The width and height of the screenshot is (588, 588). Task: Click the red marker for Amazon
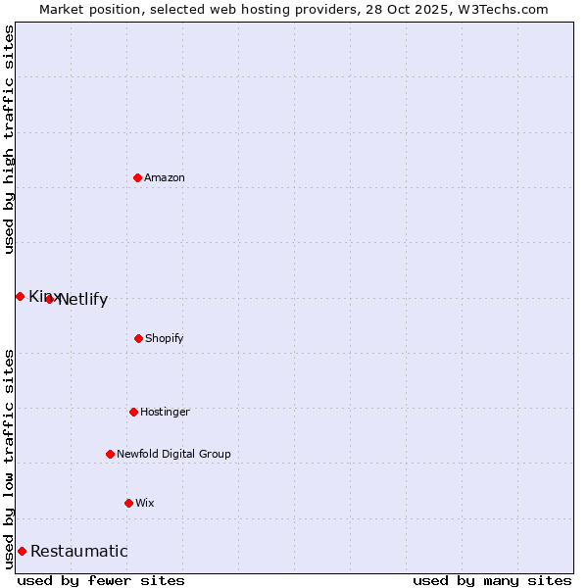tap(138, 177)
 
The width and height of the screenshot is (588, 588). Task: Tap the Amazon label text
tap(165, 177)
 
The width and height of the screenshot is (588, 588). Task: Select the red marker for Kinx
tap(20, 296)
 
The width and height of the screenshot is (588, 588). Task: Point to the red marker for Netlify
tap(49, 299)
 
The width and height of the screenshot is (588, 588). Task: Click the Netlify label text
tap(83, 300)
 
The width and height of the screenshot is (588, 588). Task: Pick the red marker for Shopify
tap(138, 338)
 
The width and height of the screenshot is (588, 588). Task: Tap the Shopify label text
tap(165, 338)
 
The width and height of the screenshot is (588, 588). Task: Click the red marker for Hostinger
tap(133, 412)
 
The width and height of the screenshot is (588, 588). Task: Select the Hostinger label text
tap(165, 412)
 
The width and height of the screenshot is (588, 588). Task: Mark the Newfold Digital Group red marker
tap(110, 454)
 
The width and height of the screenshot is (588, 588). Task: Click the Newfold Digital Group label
tap(173, 454)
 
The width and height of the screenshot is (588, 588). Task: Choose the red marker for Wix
tap(128, 503)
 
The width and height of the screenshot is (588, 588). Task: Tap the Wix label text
tap(145, 503)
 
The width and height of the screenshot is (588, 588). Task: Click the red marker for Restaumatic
tap(22, 551)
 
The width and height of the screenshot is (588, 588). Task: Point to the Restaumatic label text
tap(79, 552)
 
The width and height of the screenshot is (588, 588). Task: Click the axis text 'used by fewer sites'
tap(101, 581)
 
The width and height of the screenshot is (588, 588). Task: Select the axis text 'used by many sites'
tap(492, 581)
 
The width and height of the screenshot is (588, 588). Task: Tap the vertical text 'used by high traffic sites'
tap(9, 139)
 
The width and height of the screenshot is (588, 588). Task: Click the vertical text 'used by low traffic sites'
tap(9, 459)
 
